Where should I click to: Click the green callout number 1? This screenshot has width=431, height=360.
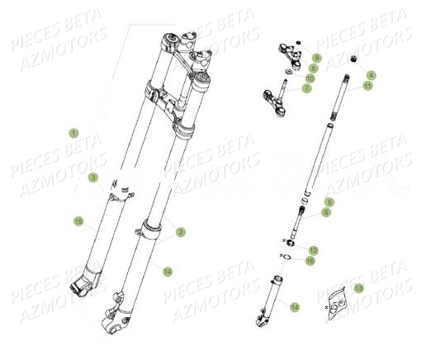click(73, 132)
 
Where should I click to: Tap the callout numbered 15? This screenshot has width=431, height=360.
click(78, 220)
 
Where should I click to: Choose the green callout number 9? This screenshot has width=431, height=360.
click(316, 58)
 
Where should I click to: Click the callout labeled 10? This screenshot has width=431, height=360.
click(310, 78)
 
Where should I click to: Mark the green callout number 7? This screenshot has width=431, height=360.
click(306, 88)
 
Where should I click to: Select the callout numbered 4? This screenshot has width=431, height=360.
click(371, 75)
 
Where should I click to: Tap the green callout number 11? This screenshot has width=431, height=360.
click(367, 85)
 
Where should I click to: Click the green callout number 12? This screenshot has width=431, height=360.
click(313, 249)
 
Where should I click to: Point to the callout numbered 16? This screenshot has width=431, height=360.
click(310, 260)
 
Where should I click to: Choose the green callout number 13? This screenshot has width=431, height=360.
click(359, 288)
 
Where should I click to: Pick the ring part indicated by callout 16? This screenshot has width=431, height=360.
click(291, 257)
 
